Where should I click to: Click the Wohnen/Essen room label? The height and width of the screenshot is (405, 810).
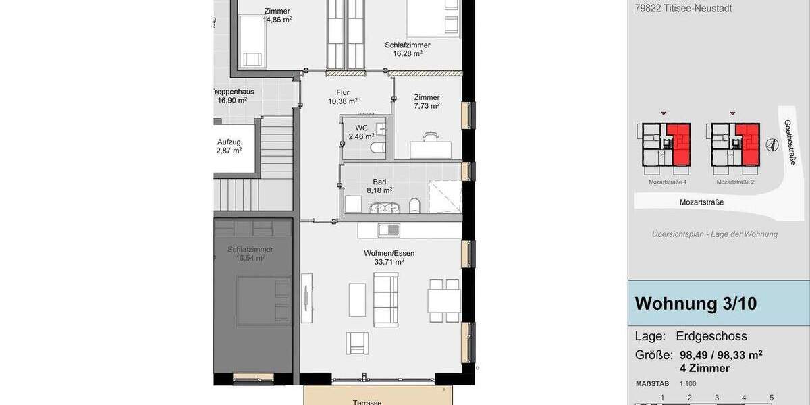click(389, 254)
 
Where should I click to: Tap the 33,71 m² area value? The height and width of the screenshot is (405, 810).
click(389, 262)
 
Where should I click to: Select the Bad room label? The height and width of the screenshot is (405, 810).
click(379, 182)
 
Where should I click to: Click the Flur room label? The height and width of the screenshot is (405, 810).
click(343, 93)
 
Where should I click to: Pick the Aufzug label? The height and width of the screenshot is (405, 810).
click(229, 142)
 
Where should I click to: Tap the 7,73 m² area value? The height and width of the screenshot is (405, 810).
click(427, 105)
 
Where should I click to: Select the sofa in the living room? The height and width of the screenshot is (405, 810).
click(386, 300)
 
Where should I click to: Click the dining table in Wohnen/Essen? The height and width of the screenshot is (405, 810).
click(443, 300)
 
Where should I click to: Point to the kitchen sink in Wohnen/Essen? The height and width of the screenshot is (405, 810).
click(389, 230)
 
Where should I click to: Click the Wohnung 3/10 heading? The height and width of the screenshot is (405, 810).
click(695, 304)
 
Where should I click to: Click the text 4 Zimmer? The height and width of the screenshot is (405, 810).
click(705, 368)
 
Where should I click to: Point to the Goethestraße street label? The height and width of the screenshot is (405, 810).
click(790, 142)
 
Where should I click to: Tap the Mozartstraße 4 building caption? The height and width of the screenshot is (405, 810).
click(668, 182)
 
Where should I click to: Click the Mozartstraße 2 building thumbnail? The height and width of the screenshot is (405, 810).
click(735, 144)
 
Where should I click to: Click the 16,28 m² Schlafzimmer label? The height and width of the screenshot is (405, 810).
click(408, 49)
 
